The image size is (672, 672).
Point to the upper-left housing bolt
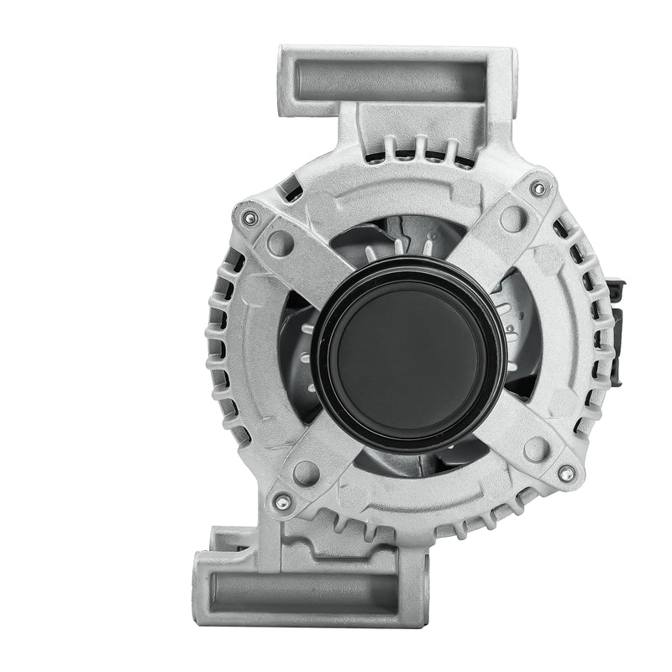pyautogui.click(x=249, y=218)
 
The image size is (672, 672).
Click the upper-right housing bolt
pyautogui.click(x=538, y=189)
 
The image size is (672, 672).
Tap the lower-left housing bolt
pyautogui.click(x=282, y=502)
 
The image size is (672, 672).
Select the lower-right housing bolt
pyautogui.click(x=567, y=474)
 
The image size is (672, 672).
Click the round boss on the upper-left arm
pyautogui.click(x=281, y=244)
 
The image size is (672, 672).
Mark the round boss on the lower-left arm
pyautogui.click(x=306, y=473)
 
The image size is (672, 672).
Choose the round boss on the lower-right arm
pyautogui.click(x=537, y=448)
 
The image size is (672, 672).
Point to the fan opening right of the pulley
pyautogui.click(x=521, y=336)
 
